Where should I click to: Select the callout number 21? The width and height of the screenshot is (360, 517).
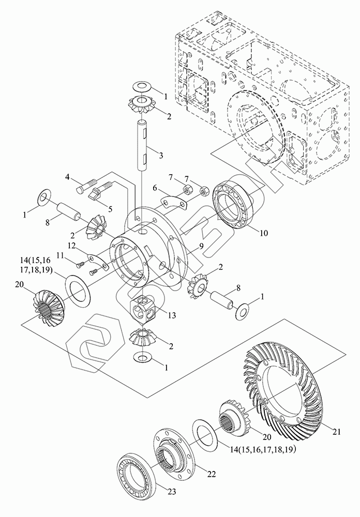(x=336, y=431)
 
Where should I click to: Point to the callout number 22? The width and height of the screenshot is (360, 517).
(x=211, y=474)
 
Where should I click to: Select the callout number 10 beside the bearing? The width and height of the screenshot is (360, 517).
(x=264, y=233)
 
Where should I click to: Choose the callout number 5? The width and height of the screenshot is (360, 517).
(x=110, y=209)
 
